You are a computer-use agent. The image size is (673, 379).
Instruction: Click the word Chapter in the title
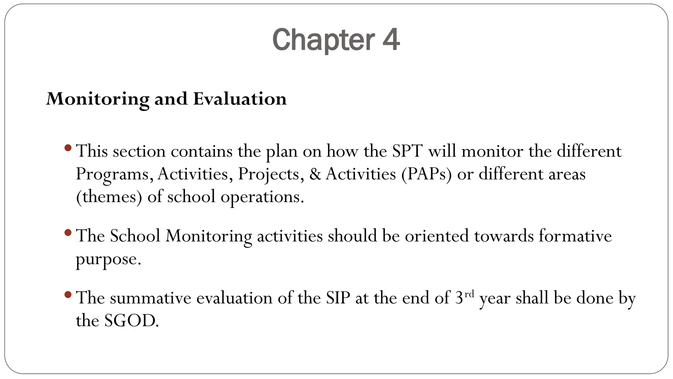(323, 40)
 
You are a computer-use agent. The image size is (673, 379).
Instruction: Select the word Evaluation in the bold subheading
(240, 99)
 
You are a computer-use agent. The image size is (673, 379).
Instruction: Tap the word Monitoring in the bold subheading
(98, 99)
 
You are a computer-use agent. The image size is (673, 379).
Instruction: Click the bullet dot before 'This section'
(68, 148)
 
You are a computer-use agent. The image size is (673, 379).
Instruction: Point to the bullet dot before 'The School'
(68, 233)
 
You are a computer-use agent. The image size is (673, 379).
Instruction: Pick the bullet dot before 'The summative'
(68, 294)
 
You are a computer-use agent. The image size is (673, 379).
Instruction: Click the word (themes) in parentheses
(109, 197)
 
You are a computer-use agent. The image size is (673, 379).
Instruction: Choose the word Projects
(268, 174)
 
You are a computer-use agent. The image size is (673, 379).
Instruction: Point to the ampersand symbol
(315, 174)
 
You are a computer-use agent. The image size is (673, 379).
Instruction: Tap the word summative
(151, 298)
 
